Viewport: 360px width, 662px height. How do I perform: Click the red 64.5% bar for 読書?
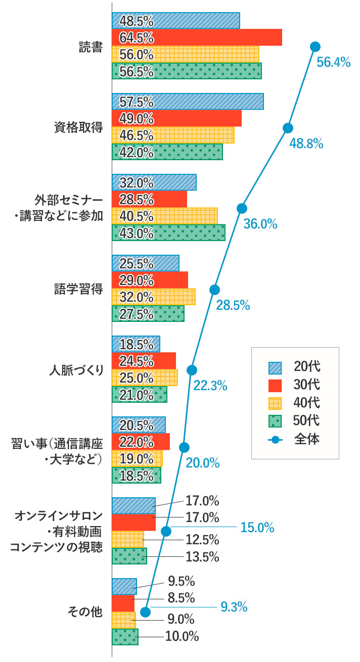[197, 37]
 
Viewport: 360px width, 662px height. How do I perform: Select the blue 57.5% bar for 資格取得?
[188, 102]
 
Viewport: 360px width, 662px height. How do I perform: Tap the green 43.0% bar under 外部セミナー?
[168, 232]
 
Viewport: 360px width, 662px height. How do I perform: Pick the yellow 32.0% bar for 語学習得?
[153, 297]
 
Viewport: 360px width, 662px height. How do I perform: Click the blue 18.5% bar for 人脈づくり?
[136, 344]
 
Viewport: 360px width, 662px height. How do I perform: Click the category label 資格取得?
[78, 127]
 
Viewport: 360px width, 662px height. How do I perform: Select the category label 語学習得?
[78, 289]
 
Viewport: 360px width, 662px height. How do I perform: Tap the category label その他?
[85, 612]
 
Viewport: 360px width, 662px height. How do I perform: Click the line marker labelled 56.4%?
[315, 46]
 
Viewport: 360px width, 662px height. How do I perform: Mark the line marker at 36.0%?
[242, 208]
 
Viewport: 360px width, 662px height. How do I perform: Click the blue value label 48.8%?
[306, 144]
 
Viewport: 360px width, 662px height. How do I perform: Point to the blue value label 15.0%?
[257, 528]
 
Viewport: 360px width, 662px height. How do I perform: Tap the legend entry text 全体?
[307, 439]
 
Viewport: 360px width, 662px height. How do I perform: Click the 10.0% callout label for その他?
[182, 637]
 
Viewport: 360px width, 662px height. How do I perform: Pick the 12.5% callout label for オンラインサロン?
[202, 539]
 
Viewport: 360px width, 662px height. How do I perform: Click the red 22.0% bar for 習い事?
[141, 442]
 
